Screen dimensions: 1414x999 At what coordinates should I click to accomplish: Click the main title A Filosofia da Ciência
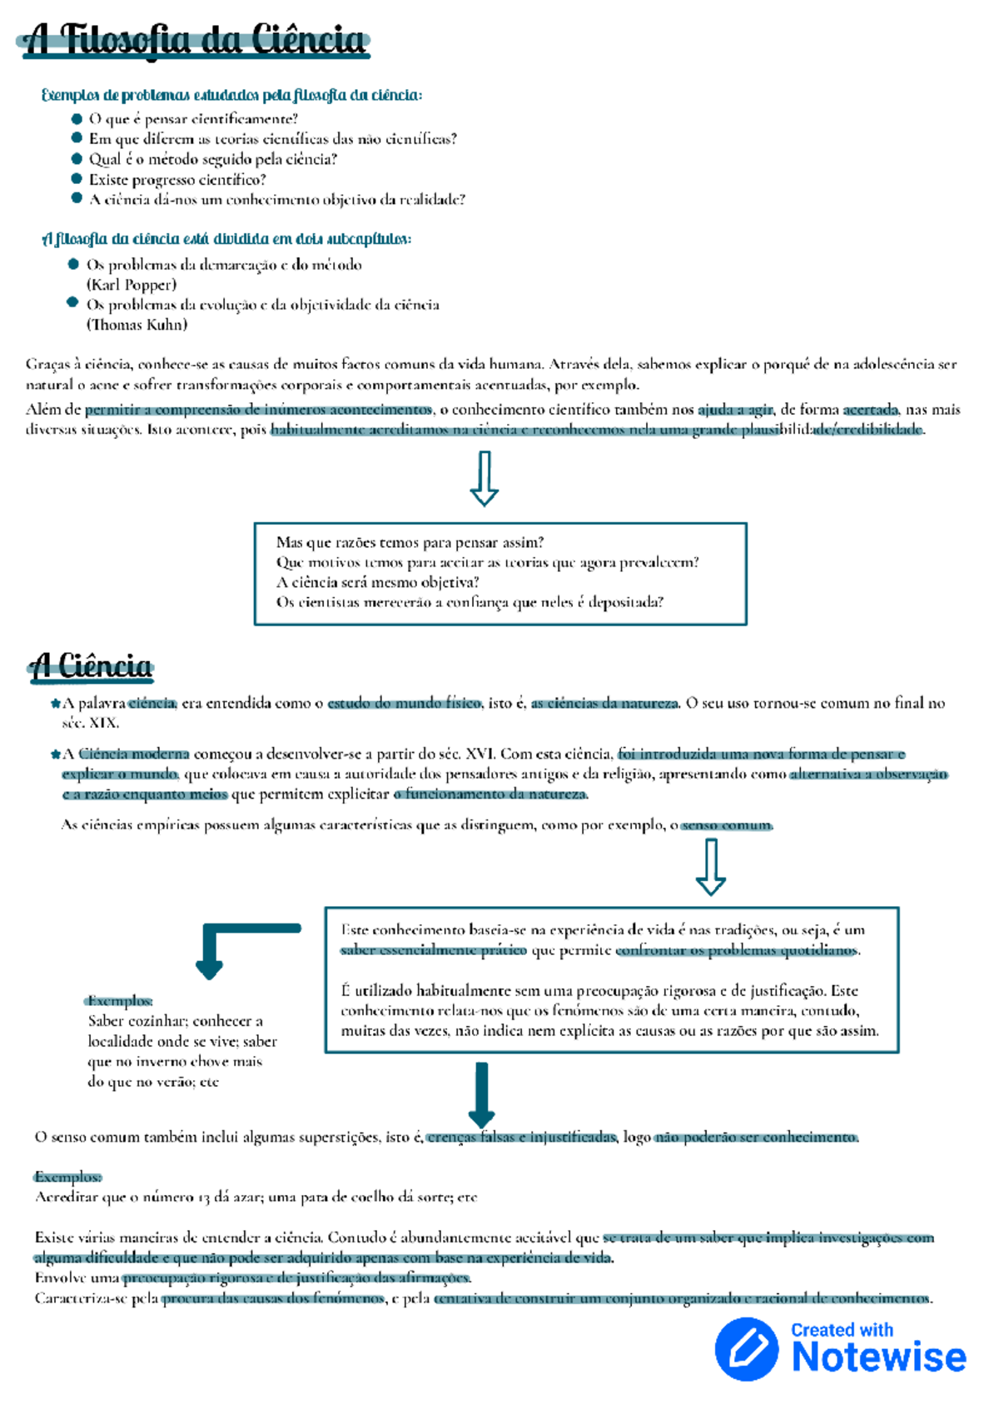193,40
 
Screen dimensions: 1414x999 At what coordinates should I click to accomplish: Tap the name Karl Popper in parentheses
132,285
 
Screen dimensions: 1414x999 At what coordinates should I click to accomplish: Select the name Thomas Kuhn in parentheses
137,325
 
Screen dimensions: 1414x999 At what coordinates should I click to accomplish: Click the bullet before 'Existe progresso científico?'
77,179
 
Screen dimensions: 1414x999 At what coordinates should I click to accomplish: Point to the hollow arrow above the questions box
484,479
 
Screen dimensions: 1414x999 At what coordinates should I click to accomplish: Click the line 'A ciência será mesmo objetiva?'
377,582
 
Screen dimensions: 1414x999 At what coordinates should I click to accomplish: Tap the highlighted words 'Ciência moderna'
134,754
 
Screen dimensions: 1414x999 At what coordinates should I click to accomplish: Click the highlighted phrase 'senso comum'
727,825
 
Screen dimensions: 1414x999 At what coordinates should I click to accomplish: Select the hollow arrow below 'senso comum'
710,867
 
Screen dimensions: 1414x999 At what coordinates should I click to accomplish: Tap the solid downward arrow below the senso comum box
481,1094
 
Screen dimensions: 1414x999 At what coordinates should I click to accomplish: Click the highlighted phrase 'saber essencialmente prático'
433,950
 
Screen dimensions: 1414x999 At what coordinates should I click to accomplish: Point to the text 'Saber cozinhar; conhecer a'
175,1021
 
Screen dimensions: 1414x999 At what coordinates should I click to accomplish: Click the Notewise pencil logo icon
747,1349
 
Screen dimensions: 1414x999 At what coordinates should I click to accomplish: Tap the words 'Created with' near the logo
842,1330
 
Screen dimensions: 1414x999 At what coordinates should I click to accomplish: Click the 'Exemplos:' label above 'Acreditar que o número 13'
68,1177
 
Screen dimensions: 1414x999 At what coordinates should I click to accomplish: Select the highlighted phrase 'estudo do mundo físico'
404,703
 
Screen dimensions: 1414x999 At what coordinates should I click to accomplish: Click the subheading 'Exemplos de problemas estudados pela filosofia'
231,95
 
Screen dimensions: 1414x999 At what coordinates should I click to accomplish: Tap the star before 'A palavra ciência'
56,704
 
